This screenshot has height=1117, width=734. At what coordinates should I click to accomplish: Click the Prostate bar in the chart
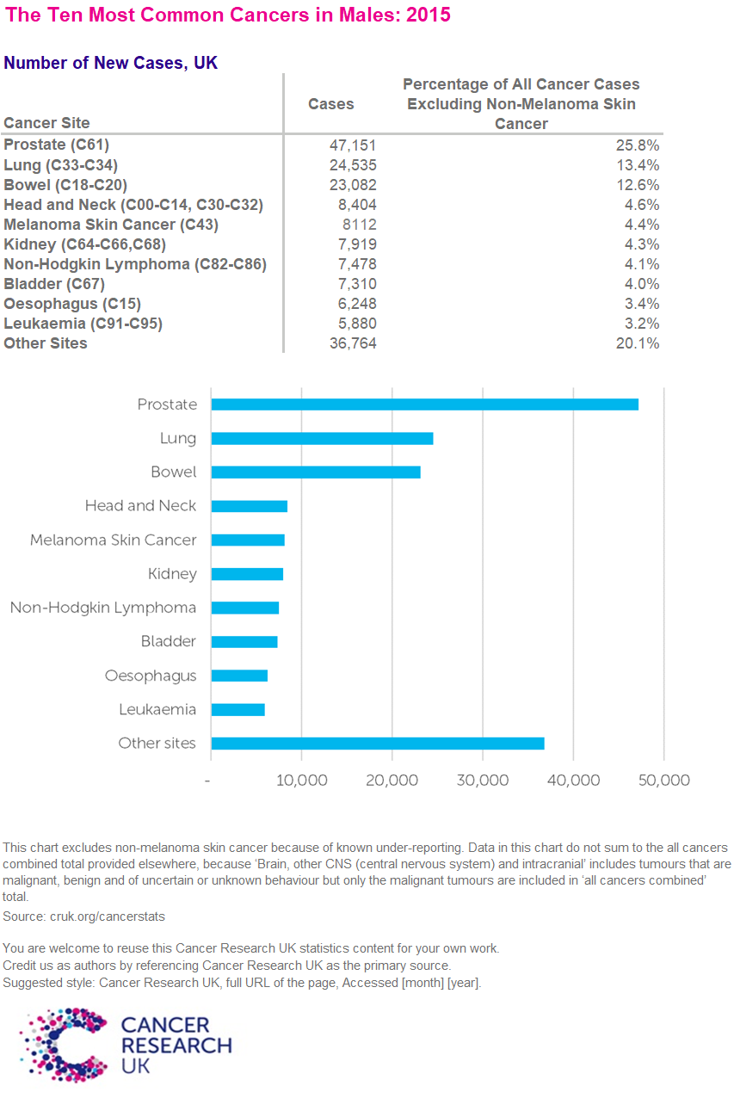[x=424, y=404]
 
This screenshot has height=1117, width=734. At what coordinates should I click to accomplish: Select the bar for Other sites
[x=377, y=744]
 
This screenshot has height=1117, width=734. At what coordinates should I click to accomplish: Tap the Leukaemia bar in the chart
[x=237, y=710]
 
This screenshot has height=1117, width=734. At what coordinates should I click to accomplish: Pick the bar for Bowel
[x=315, y=472]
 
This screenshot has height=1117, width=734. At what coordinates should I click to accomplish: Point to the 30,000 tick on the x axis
[x=483, y=780]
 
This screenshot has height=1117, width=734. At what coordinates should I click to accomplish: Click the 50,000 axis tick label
[x=663, y=780]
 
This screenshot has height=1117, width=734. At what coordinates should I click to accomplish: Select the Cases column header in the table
[x=331, y=104]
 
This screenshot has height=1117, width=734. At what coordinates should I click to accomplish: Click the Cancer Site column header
[x=46, y=123]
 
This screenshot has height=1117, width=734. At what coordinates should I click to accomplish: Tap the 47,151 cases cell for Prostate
[x=348, y=145]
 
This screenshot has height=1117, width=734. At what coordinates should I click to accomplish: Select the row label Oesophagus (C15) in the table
[x=72, y=304]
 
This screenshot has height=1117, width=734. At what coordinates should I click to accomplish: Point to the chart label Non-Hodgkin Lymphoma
[x=103, y=608]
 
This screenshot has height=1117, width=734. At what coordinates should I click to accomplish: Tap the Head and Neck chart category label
[x=140, y=506]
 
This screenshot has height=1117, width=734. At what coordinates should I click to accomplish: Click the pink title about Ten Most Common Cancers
[x=227, y=15]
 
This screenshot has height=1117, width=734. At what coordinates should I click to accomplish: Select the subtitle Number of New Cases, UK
[x=110, y=63]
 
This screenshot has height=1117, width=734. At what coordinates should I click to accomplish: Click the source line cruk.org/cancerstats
[x=83, y=916]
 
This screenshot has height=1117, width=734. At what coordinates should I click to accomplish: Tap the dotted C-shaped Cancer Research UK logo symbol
[x=64, y=1044]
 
